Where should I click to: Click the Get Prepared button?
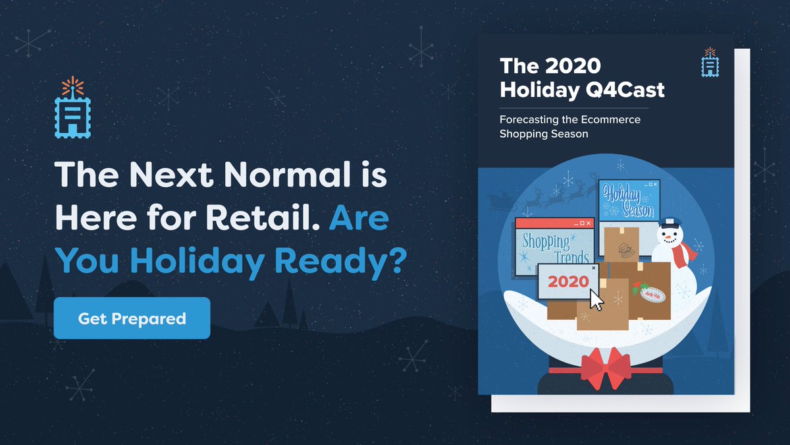132,318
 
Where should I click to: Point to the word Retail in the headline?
263,220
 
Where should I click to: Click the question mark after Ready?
393,261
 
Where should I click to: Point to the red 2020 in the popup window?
567,282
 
